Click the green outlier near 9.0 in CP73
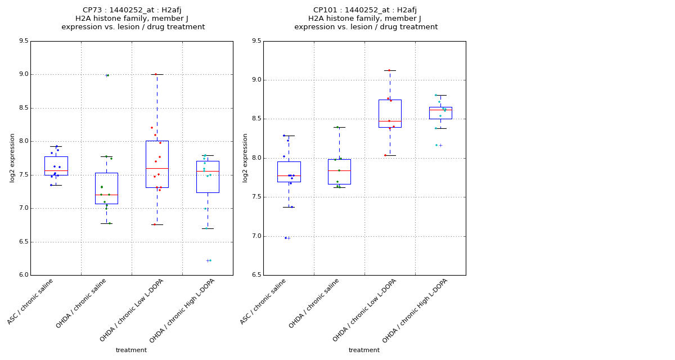pyautogui.click(x=106, y=75)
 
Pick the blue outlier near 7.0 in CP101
pyautogui.click(x=286, y=238)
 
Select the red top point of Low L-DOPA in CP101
pyautogui.click(x=389, y=70)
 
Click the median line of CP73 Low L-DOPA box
pyautogui.click(x=157, y=168)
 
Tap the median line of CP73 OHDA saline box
pyautogui.click(x=106, y=195)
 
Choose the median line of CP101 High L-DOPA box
pyautogui.click(x=440, y=110)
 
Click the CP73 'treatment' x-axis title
pyautogui.click(x=131, y=350)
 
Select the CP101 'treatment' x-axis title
pyautogui.click(x=364, y=350)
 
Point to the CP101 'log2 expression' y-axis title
pyautogui.click(x=245, y=157)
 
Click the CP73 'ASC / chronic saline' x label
pyautogui.click(x=31, y=301)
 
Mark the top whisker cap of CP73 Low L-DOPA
pyautogui.click(x=157, y=74)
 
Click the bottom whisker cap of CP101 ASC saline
pyautogui.click(x=289, y=207)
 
